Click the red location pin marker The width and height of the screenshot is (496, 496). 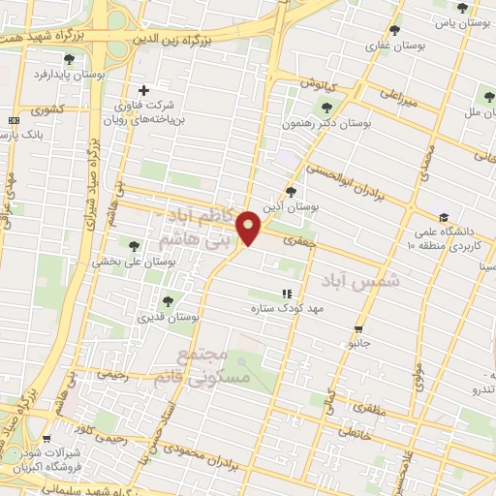pos(251,227)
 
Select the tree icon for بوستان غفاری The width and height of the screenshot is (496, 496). pos(393,30)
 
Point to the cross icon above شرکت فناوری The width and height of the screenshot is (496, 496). pos(143,90)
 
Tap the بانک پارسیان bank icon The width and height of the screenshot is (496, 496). pos(12,120)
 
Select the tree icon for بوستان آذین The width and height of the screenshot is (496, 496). pos(291,192)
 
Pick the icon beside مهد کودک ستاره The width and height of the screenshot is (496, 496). pos(286,293)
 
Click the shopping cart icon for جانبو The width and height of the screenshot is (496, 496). pos(359,328)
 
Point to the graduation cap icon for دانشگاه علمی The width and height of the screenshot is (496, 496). pos(443,217)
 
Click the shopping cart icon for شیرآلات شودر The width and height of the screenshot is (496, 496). pos(46,439)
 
